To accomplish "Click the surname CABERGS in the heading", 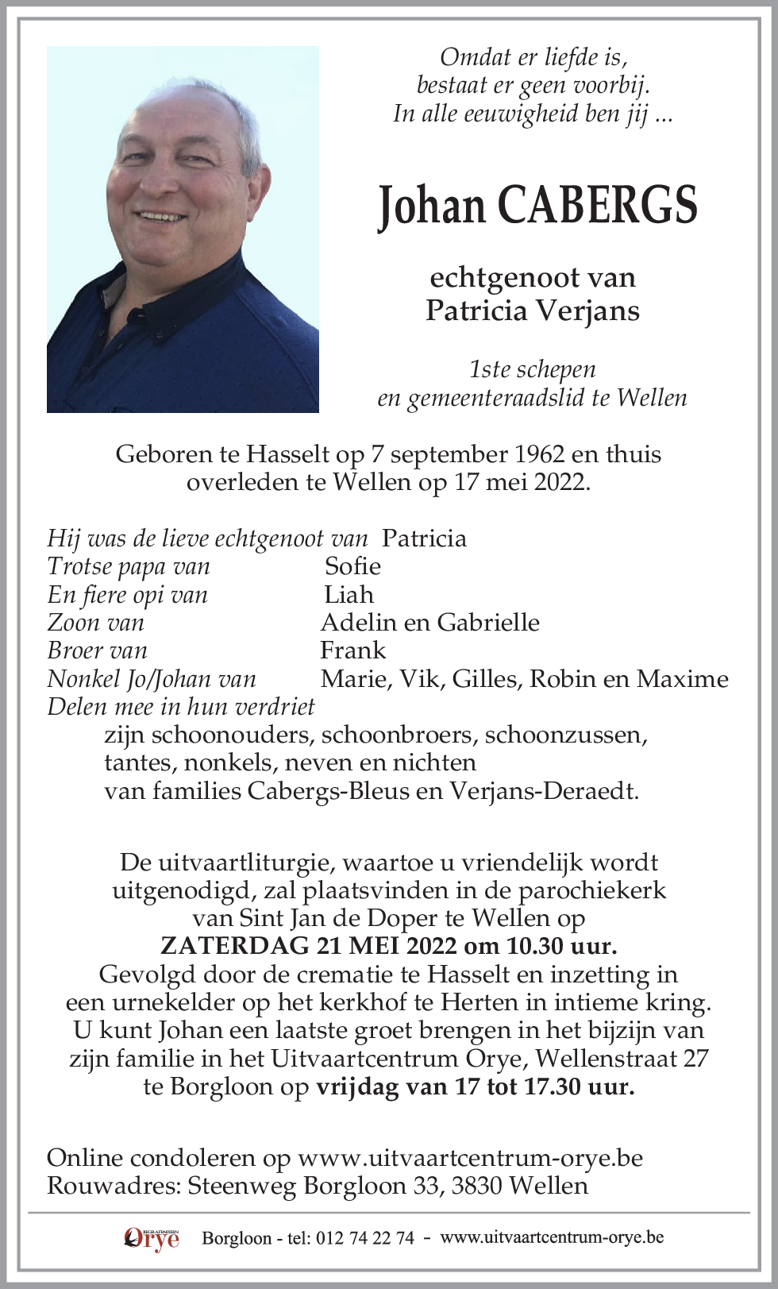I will coord(597,206).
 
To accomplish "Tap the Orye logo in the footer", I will coord(151,1237).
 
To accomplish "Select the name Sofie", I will coord(352,566).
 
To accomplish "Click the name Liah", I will coord(349,595).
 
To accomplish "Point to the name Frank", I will coord(352,650).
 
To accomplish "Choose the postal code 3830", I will coord(477,1186).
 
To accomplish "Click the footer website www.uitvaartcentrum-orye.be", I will coord(552,1237).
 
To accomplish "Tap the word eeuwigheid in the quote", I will coord(510,114).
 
